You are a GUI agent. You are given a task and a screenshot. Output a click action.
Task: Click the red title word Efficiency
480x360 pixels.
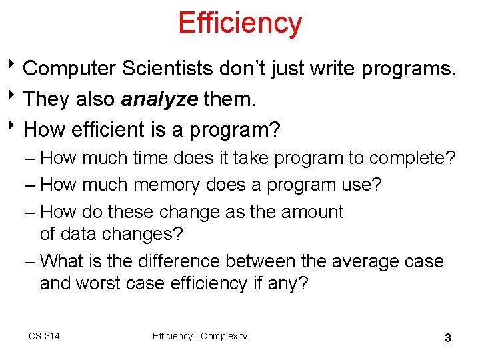tap(240, 23)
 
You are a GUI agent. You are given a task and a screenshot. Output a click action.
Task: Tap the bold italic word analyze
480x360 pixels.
tap(159, 99)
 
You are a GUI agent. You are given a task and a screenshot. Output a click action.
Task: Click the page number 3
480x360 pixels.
tap(448, 338)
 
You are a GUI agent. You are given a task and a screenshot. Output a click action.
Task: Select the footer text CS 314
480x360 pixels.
tap(44, 336)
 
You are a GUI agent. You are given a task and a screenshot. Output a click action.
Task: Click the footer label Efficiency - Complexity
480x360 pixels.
tap(199, 336)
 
